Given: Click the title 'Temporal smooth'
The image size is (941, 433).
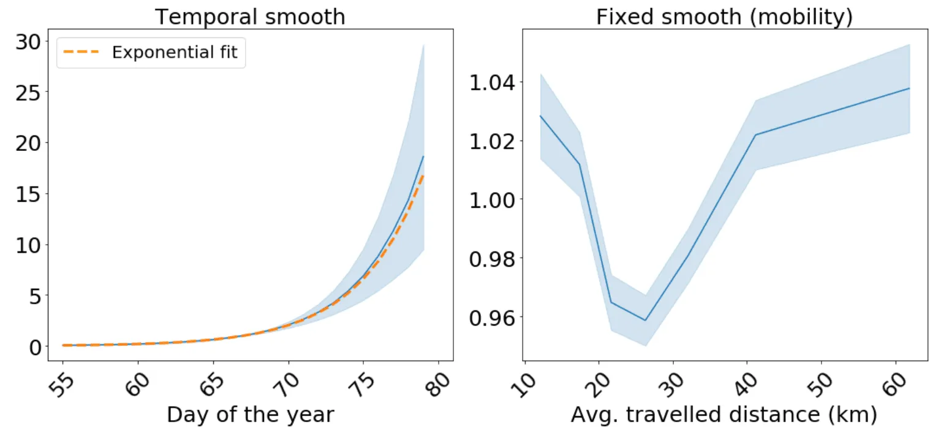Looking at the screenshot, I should point(250,17).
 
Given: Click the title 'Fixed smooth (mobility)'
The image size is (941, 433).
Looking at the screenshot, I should point(724,17).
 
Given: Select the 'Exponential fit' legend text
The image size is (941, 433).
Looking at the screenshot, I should point(178,53).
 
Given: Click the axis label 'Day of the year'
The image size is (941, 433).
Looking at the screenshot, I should point(250,415).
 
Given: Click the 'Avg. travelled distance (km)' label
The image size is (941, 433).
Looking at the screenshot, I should point(724,415).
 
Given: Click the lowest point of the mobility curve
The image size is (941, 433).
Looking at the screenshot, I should point(645,320).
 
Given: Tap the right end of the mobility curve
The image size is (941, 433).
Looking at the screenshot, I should point(910,88).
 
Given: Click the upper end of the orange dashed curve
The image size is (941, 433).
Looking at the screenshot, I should point(423,176).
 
